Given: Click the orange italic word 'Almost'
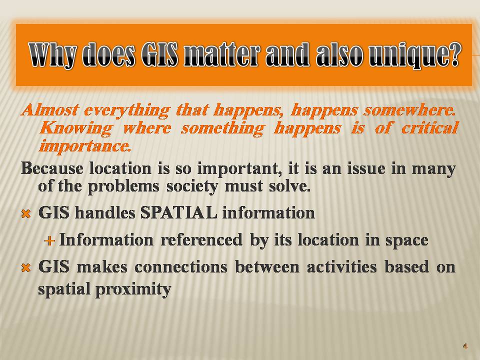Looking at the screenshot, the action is coord(50,109).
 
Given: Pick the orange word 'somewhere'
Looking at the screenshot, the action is coord(409,110).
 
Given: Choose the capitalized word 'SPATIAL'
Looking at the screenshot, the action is coord(179,212).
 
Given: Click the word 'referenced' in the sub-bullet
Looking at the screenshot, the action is coord(201,239).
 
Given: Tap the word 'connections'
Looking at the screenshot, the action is coord(181,266).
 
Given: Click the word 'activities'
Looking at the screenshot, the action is coord(341,266).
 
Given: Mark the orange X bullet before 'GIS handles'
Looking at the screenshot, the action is coord(26,213).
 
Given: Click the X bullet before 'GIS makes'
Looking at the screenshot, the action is coord(26,268).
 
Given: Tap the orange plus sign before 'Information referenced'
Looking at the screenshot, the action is coord(49,241).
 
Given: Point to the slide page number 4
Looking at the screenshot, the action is coord(465,346).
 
